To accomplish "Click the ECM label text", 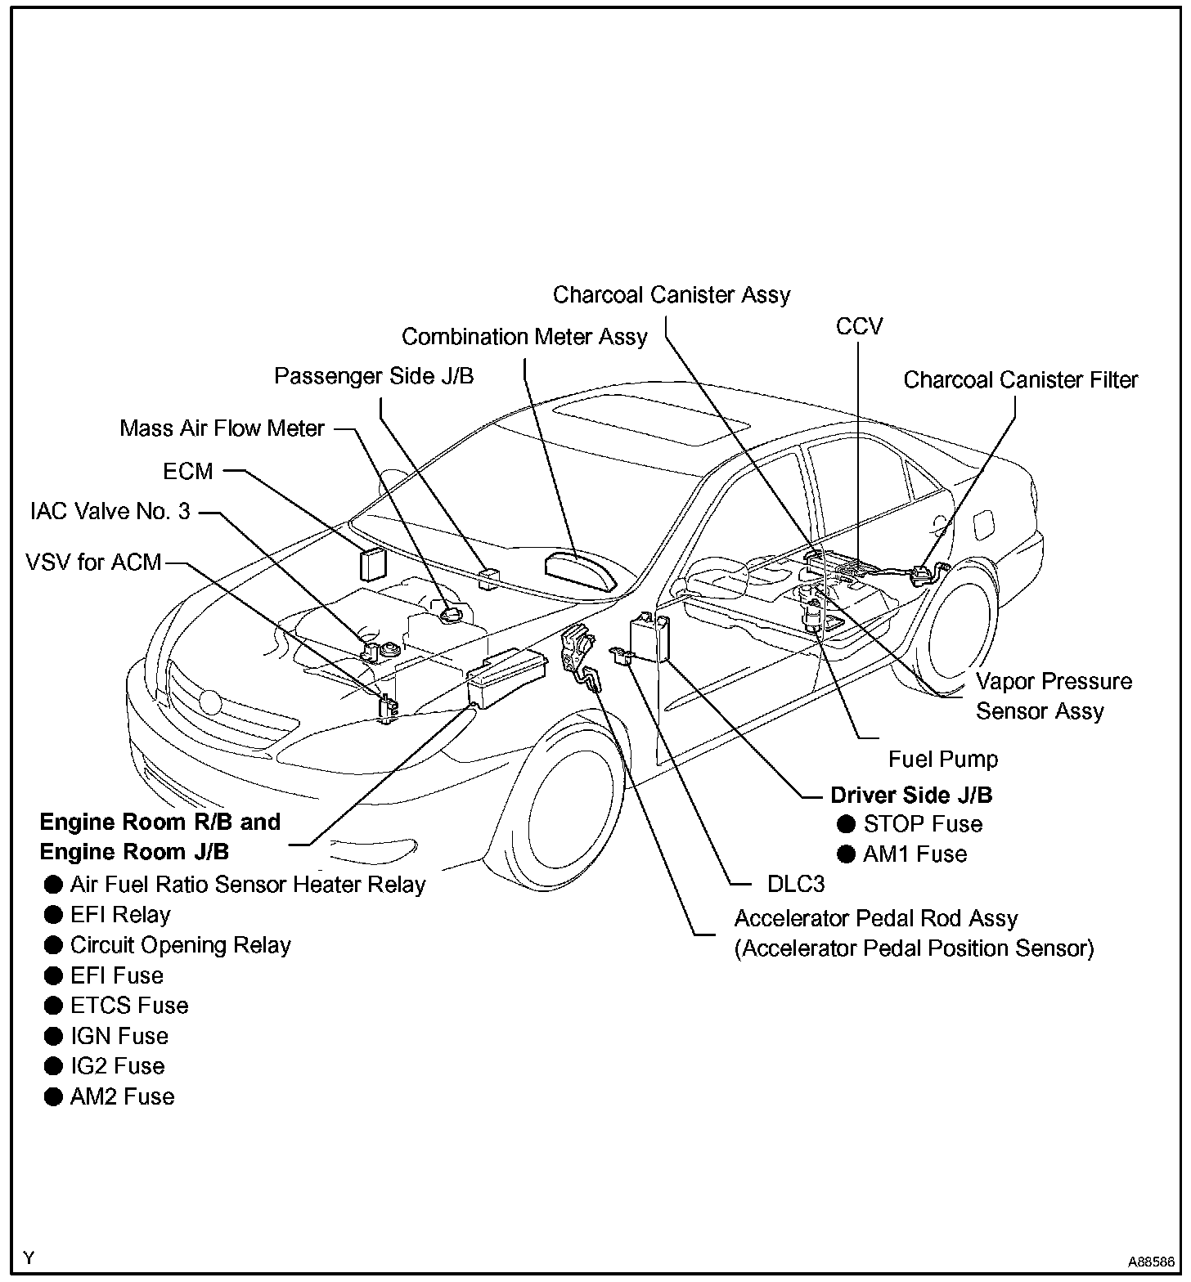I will tap(187, 471).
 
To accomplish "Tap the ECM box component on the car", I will tap(373, 564).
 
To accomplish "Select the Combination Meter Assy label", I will tap(524, 337).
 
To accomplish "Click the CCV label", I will tap(859, 326).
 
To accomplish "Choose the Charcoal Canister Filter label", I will tap(1020, 380).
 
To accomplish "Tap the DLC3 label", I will tap(795, 884).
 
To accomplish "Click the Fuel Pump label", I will tap(943, 759).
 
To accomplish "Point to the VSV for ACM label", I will tap(93, 563).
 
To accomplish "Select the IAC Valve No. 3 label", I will tap(110, 512).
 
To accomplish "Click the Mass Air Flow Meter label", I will tap(222, 428).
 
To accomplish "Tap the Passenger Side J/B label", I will tap(374, 376).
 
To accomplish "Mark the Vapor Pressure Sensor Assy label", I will tap(1054, 696).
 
